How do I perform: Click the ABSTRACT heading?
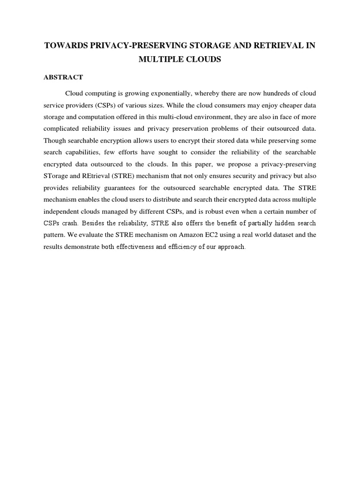(63, 77)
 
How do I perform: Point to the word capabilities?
(85, 152)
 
